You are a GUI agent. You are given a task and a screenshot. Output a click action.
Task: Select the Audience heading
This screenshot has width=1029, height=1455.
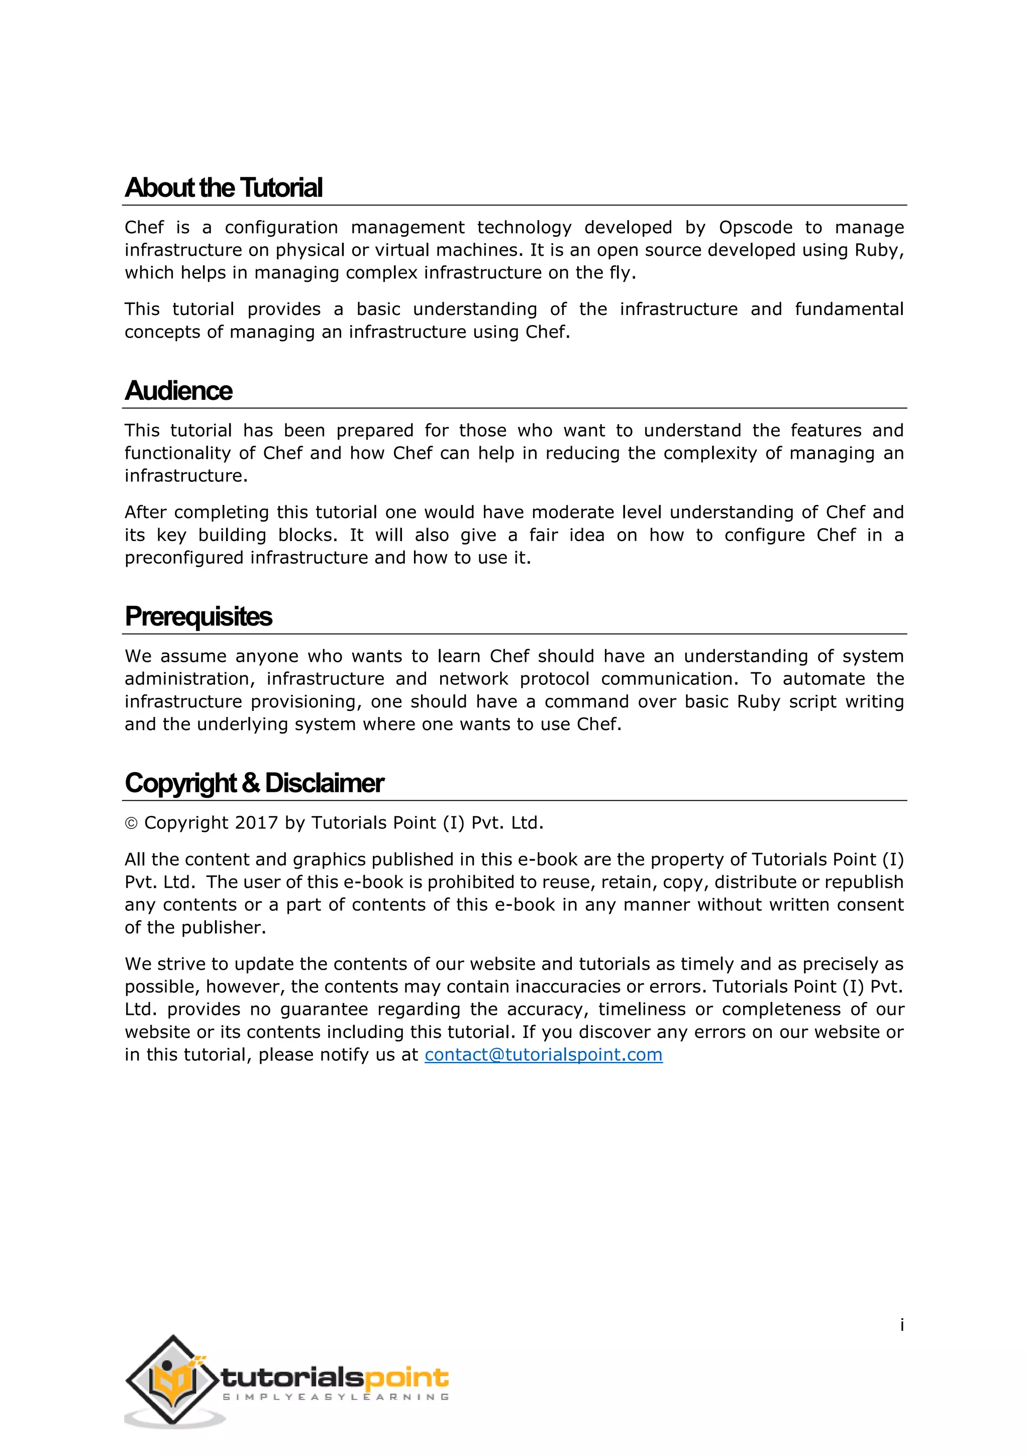pyautogui.click(x=179, y=390)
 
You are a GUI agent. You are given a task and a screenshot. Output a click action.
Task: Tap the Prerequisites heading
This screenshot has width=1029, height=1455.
pyautogui.click(x=198, y=616)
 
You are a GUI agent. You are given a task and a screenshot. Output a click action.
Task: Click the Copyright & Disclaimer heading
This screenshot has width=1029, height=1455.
pyautogui.click(x=254, y=783)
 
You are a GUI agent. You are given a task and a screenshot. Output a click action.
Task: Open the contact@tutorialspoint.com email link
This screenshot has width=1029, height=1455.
pyautogui.click(x=543, y=1055)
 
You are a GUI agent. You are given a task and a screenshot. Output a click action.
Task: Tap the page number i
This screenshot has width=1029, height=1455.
pyautogui.click(x=902, y=1324)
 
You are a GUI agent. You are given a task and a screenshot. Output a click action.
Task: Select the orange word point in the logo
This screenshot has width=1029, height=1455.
pyautogui.click(x=407, y=1377)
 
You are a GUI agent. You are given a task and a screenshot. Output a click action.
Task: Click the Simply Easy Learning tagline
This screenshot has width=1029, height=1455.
pyautogui.click(x=336, y=1397)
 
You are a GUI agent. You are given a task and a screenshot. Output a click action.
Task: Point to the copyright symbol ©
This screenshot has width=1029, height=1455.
pyautogui.click(x=131, y=823)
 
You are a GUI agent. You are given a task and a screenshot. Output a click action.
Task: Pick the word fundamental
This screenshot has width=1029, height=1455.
pyautogui.click(x=849, y=309)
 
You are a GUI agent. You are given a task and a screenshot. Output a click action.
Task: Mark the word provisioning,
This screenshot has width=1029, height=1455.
pyautogui.click(x=305, y=701)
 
